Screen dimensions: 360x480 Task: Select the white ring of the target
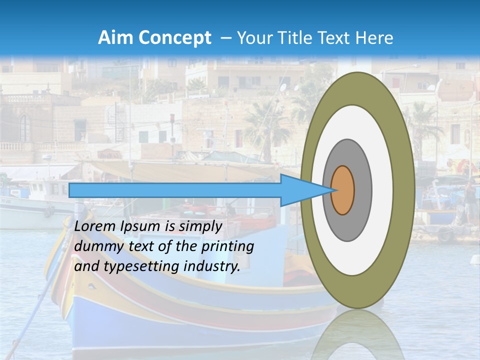(x=382, y=190)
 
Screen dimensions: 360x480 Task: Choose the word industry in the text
(x=212, y=266)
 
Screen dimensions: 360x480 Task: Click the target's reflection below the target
(x=357, y=335)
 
